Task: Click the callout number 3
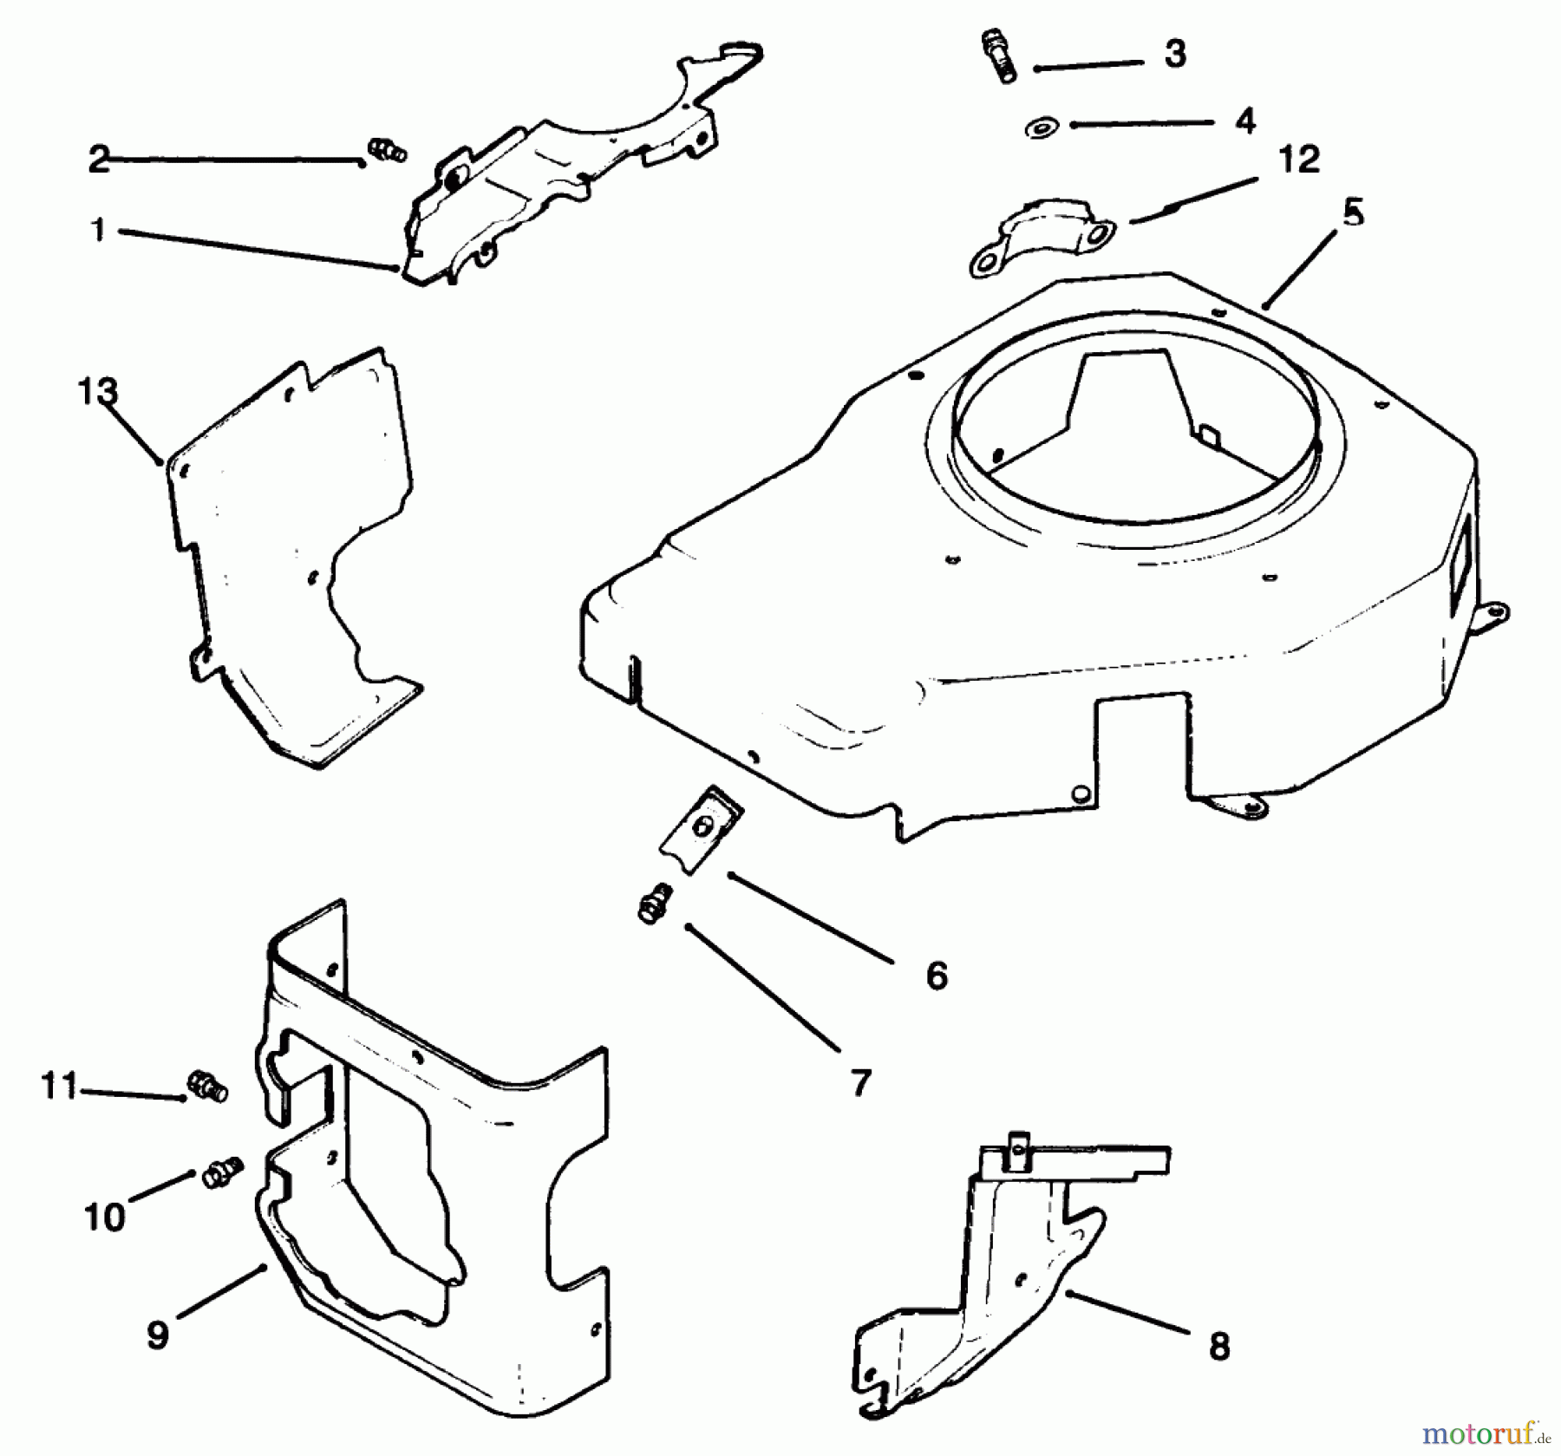tap(1174, 54)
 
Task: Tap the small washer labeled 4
tap(1039, 128)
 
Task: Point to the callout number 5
tap(1354, 212)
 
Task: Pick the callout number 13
tap(97, 391)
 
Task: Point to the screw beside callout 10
tap(221, 1177)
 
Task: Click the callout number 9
tap(157, 1335)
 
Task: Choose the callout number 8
tap(1218, 1347)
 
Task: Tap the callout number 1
tap(98, 230)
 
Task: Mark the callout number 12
tap(1298, 160)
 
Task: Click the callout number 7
tap(859, 1082)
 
